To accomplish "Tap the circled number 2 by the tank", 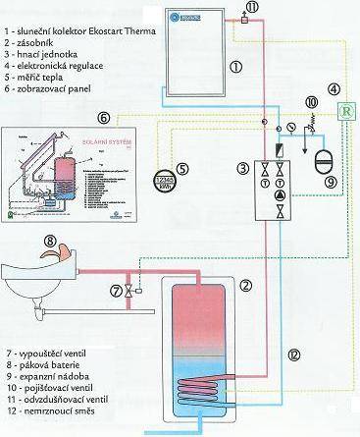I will (245, 286).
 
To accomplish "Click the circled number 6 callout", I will (104, 117).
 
